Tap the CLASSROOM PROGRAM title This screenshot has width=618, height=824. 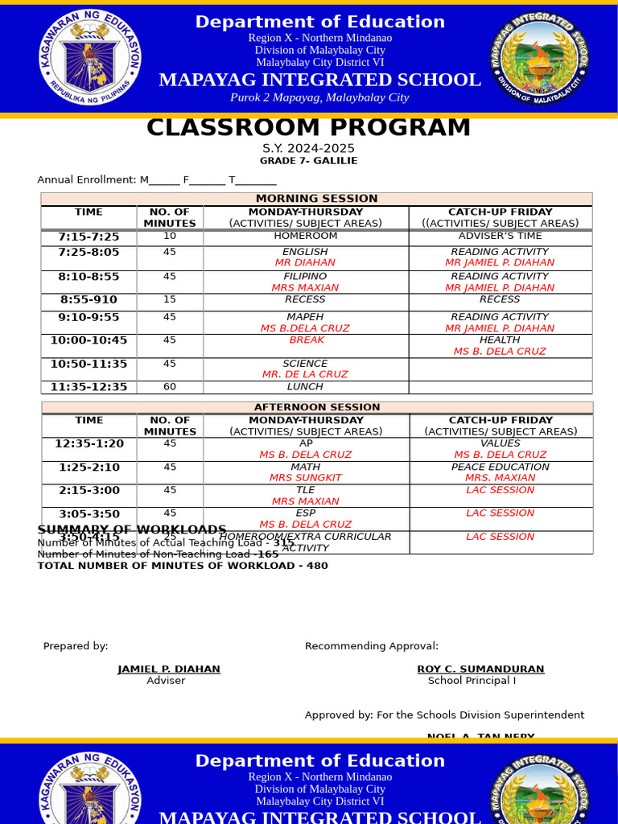(308, 128)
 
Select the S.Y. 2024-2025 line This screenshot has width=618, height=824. (308, 149)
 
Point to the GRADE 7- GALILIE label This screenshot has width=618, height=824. (308, 161)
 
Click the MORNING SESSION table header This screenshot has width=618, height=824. (316, 199)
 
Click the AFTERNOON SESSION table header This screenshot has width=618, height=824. (317, 407)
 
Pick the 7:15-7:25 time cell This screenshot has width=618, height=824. (89, 237)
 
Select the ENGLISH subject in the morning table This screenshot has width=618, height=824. (305, 252)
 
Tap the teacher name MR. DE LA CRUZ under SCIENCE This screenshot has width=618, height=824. (305, 374)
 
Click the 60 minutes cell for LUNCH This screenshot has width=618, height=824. (170, 387)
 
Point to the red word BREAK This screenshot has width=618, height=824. (306, 340)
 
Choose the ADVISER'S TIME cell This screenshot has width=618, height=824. (500, 237)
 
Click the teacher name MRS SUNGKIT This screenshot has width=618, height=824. (305, 478)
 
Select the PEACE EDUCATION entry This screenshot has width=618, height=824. (500, 467)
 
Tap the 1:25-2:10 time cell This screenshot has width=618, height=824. (89, 468)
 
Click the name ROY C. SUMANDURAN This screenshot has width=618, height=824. (480, 669)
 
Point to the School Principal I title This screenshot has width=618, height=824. (472, 681)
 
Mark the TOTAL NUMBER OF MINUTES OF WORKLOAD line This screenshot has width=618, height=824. (183, 566)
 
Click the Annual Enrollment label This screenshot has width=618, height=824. (88, 180)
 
